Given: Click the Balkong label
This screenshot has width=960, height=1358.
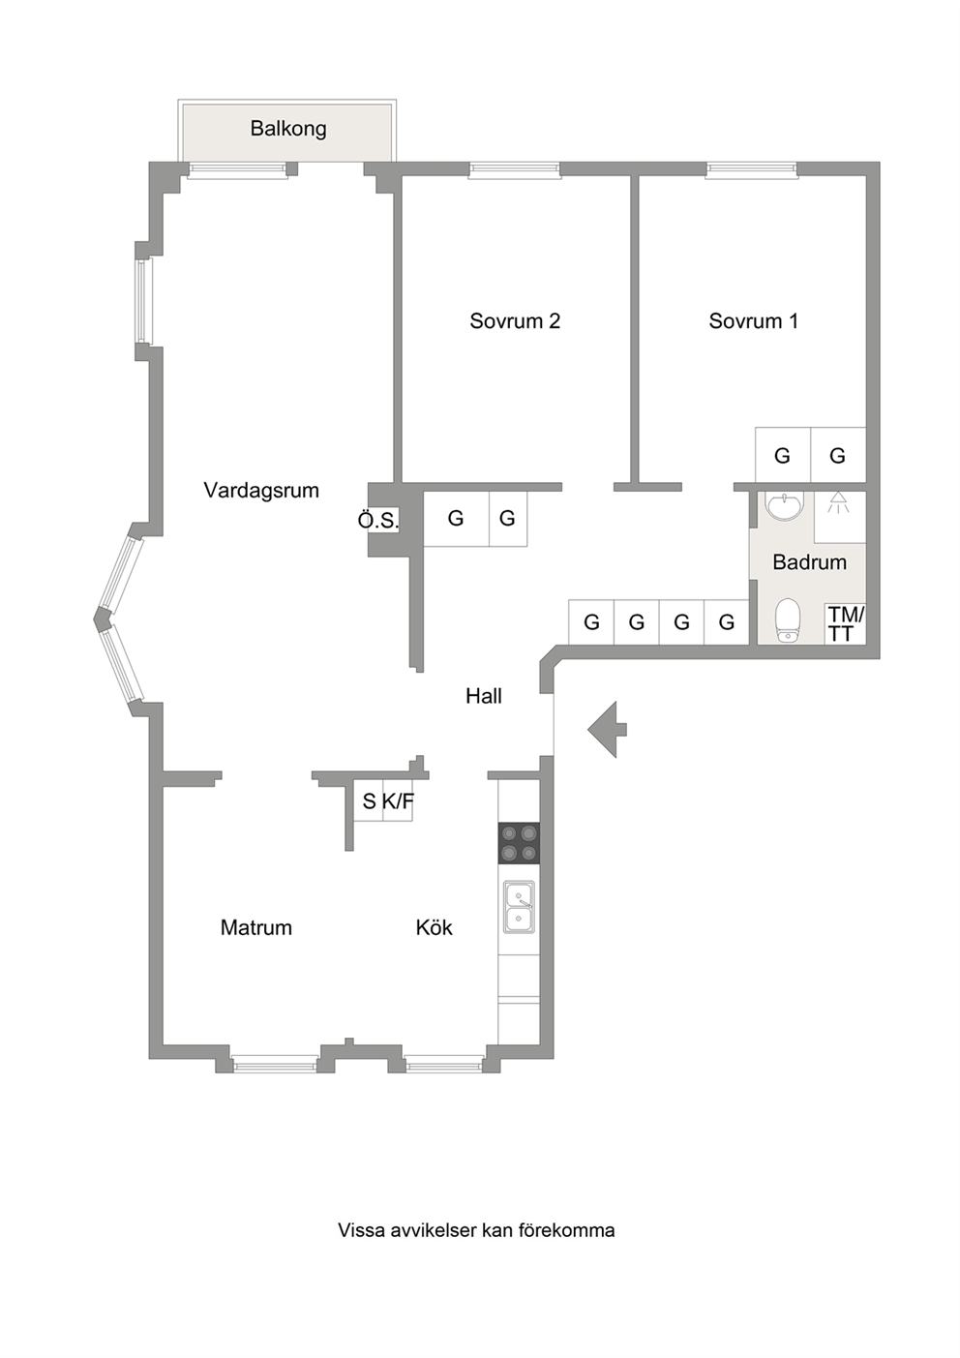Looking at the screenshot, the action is (x=288, y=129).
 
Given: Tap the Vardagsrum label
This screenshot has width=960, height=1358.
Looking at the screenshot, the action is (x=261, y=490).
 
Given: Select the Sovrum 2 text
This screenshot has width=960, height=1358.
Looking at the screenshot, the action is (x=515, y=320).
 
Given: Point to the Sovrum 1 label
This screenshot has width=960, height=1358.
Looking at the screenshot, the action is (x=753, y=320).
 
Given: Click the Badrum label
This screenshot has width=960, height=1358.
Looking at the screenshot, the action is (x=809, y=562).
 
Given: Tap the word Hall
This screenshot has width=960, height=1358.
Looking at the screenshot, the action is (x=484, y=695).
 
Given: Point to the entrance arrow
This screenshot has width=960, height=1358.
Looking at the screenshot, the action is (x=607, y=729).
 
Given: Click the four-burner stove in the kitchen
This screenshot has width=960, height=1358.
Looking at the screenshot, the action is (x=519, y=843).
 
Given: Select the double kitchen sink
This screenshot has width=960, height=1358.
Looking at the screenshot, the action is (x=520, y=907).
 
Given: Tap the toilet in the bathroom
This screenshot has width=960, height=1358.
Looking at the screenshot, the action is (x=788, y=620).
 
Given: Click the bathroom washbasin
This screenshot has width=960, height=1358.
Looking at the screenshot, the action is (x=784, y=505).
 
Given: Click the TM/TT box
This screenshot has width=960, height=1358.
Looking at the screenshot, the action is (x=845, y=624).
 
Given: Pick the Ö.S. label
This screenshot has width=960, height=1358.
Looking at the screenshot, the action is (x=378, y=521).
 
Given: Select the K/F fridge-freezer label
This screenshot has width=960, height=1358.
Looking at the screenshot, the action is (x=398, y=801).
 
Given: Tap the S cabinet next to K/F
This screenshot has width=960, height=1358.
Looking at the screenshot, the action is (x=369, y=800).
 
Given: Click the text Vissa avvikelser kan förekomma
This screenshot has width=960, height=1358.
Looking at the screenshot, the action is (x=476, y=1230).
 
